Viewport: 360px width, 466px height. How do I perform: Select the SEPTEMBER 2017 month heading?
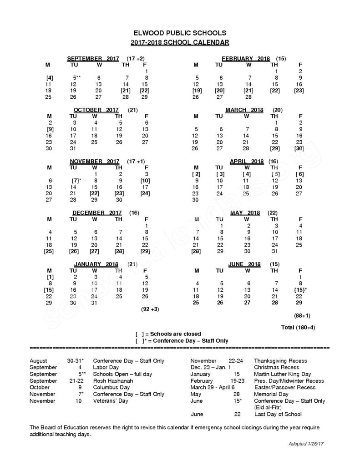pyautogui.click(x=93, y=59)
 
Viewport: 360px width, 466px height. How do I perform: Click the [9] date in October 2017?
pyautogui.click(x=50, y=129)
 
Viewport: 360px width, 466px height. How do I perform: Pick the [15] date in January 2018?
pyautogui.click(x=49, y=289)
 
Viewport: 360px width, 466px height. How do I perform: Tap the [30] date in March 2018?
pyautogui.click(x=299, y=148)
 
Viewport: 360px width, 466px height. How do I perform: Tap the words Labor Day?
pyautogui.click(x=106, y=367)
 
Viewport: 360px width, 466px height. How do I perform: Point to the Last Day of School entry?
pyautogui.click(x=278, y=414)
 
